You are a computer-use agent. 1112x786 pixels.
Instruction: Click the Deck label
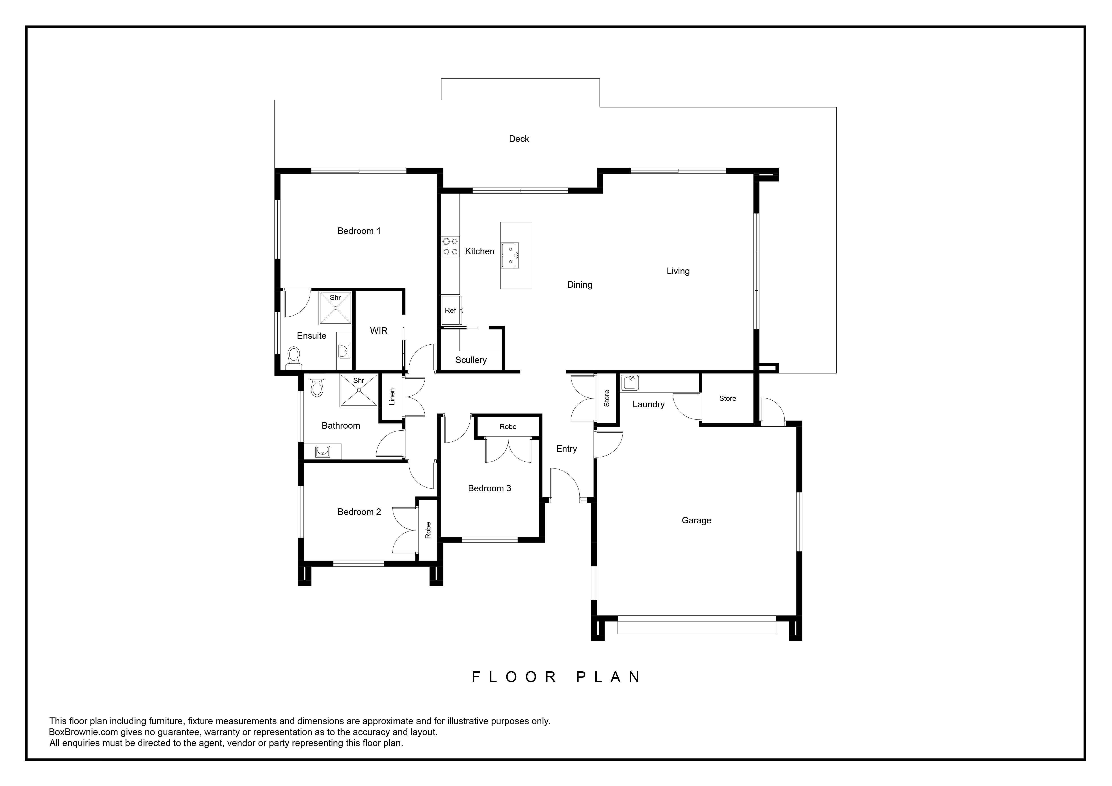click(x=519, y=139)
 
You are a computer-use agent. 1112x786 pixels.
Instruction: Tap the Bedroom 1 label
click(x=359, y=231)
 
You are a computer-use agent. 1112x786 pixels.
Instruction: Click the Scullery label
click(x=471, y=360)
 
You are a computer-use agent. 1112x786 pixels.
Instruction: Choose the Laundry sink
click(x=630, y=383)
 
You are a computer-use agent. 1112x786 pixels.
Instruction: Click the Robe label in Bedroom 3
click(x=508, y=427)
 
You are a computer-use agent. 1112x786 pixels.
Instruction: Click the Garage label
click(x=696, y=521)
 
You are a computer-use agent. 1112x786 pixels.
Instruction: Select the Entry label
click(x=567, y=449)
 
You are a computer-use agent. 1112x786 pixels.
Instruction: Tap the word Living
click(x=678, y=271)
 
